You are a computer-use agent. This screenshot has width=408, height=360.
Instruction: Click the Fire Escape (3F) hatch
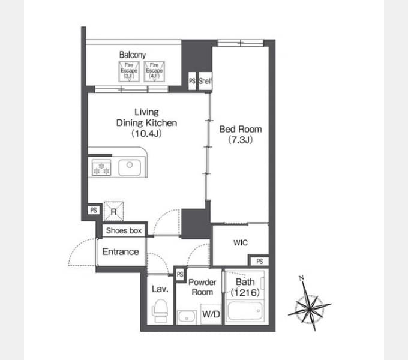click(x=129, y=71)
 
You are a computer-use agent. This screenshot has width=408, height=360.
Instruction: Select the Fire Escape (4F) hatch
click(x=154, y=71)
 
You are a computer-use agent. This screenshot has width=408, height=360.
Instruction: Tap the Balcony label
click(x=133, y=55)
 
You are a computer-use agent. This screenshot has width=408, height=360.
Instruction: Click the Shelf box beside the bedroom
click(x=205, y=81)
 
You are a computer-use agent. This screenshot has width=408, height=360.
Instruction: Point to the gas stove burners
click(x=101, y=167)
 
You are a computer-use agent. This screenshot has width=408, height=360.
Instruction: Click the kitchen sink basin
click(x=130, y=168)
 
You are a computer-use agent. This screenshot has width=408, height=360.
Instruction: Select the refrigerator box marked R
click(x=114, y=211)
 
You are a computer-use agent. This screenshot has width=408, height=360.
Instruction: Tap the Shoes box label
click(x=124, y=230)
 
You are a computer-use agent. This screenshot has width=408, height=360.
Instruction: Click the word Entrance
click(x=121, y=251)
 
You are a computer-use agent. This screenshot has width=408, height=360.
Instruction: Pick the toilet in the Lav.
click(x=160, y=311)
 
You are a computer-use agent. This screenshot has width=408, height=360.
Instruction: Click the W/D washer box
click(x=211, y=314)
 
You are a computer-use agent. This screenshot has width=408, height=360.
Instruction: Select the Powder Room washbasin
click(x=187, y=317)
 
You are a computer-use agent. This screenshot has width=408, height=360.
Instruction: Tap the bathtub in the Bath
click(x=245, y=311)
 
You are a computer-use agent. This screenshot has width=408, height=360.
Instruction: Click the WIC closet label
click(x=241, y=242)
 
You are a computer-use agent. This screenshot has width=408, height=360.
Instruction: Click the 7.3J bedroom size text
click(x=241, y=140)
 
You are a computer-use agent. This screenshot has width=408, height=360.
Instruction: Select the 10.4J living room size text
click(x=146, y=133)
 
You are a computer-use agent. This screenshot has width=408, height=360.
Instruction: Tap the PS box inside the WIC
click(x=259, y=261)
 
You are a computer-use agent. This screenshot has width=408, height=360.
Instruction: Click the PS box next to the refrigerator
click(x=94, y=210)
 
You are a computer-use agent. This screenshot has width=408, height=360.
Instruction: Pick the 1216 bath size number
click(x=245, y=293)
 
